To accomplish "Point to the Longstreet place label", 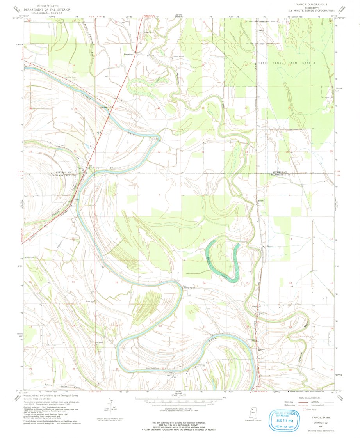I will tap(128, 54).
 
